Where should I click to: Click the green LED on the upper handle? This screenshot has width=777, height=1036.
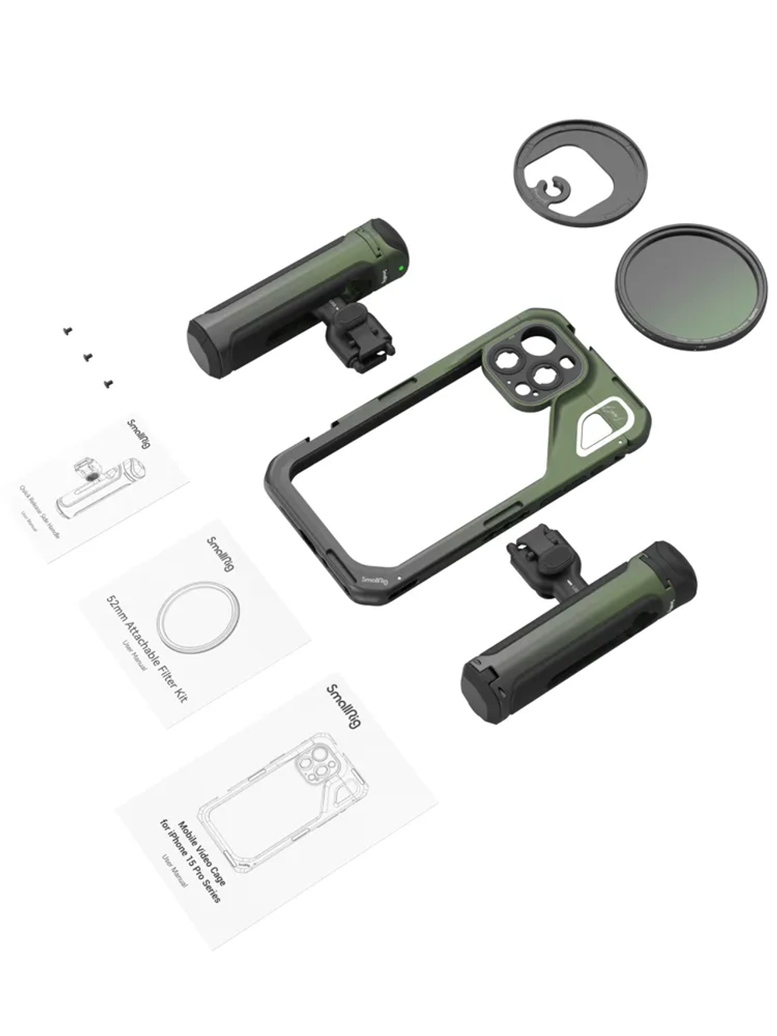click(x=399, y=270)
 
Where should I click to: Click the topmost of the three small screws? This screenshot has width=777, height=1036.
click(x=68, y=330)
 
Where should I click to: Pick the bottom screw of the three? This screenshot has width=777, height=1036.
click(x=108, y=382)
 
